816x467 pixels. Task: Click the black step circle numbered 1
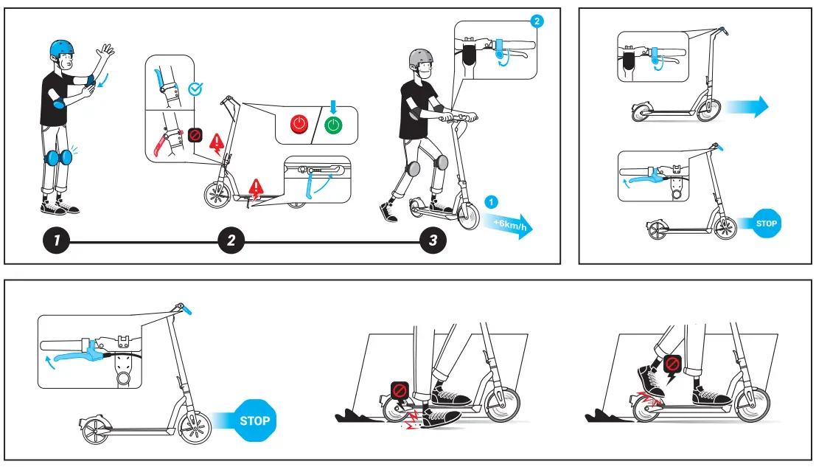56,241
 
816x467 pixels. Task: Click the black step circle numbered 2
231,241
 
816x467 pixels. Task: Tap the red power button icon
299,125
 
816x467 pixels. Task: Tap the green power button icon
334,125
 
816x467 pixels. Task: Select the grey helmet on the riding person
421,58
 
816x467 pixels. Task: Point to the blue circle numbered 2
537,21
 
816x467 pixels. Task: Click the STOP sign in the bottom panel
254,421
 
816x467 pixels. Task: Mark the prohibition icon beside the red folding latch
195,135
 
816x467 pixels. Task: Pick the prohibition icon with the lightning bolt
672,365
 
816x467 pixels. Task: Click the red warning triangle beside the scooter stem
217,142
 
